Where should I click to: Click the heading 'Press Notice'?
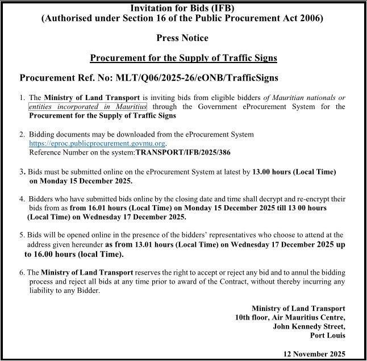(182, 38)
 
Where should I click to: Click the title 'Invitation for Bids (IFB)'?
(182, 7)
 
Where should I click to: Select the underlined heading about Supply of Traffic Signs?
(183, 58)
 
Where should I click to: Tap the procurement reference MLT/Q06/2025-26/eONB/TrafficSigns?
(198, 77)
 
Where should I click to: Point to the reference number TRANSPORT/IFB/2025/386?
(183, 152)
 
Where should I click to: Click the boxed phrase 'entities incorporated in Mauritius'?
(87, 106)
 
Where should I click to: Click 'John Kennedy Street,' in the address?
(309, 326)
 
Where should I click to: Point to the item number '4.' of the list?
(22, 200)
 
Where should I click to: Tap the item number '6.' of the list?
(22, 273)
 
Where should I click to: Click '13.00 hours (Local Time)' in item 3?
(294, 172)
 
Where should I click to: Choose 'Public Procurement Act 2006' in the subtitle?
(268, 18)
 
